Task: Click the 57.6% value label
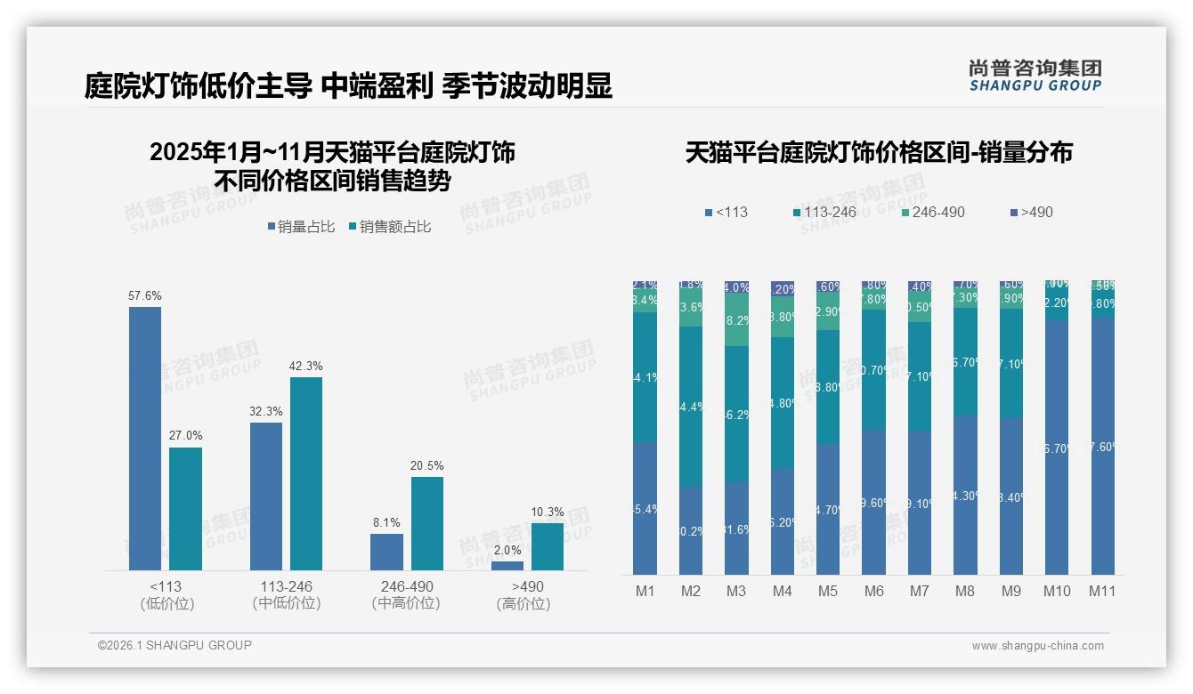(145, 295)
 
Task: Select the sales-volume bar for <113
(145, 438)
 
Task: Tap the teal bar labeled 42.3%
(306, 473)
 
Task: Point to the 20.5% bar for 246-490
(427, 523)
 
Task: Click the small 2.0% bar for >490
(507, 566)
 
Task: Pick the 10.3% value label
(548, 512)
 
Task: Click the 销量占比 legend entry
(301, 227)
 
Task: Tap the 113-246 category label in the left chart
(288, 587)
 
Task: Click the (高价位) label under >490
(523, 604)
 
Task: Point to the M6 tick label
(873, 591)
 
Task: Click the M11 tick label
(1103, 591)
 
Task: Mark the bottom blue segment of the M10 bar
(1057, 447)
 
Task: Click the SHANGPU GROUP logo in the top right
(1035, 76)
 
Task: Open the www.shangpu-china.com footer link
(1037, 646)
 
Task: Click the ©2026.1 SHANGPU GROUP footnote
(174, 645)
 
